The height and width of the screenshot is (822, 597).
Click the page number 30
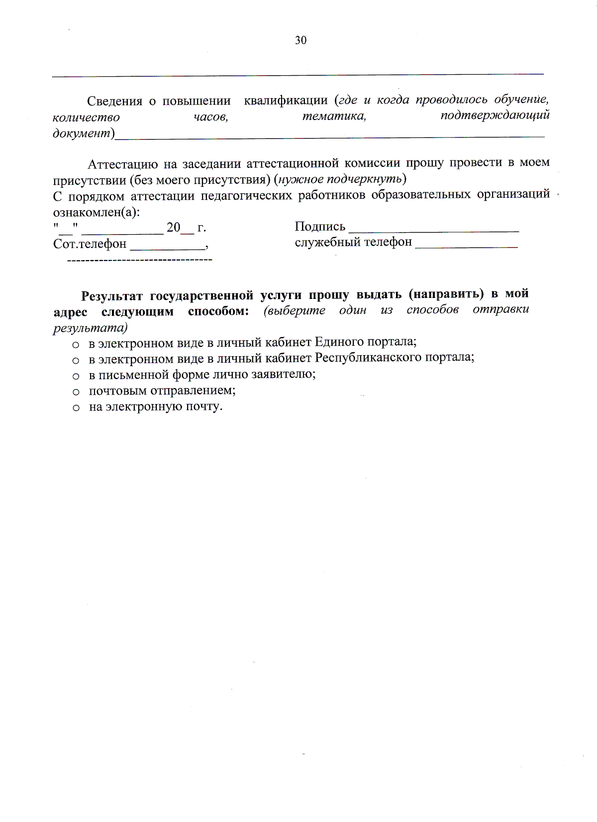click(x=300, y=40)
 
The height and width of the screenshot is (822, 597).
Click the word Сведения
click(x=114, y=101)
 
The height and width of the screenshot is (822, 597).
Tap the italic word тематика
click(x=334, y=116)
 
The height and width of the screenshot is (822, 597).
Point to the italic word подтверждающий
click(x=495, y=116)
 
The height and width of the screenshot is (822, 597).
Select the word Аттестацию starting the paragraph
click(x=122, y=164)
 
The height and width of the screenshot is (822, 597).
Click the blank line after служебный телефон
click(x=466, y=246)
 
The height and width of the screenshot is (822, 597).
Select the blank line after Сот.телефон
click(x=168, y=248)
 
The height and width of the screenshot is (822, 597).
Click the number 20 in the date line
click(x=173, y=228)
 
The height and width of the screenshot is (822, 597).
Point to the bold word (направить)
click(x=446, y=294)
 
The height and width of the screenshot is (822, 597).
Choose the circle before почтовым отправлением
click(x=76, y=392)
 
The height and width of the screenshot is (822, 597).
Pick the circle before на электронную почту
click(x=76, y=408)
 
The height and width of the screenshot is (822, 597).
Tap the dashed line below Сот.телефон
click(x=139, y=260)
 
